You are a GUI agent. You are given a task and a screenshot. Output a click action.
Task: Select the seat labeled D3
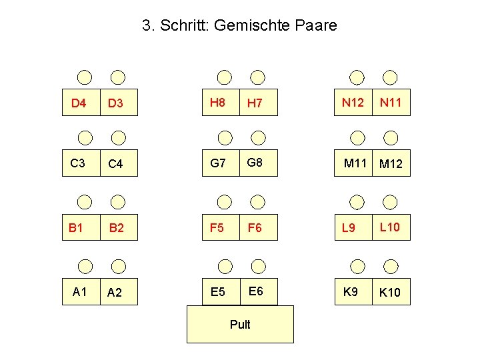[118, 103]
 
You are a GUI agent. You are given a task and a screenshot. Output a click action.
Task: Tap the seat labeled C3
[78, 163]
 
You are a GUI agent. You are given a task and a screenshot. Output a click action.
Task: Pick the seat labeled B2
[117, 228]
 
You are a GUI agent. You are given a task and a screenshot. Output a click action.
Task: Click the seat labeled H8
[217, 102]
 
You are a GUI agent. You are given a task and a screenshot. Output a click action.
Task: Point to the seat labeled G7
[217, 163]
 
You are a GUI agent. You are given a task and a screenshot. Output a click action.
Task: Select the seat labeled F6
[255, 228]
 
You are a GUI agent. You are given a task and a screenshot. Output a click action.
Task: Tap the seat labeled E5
[217, 291]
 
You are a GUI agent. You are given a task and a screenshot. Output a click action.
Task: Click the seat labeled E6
[255, 291]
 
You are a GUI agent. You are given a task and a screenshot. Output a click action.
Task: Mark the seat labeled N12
[353, 102]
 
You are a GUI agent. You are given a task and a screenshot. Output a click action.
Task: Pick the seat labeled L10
[390, 227]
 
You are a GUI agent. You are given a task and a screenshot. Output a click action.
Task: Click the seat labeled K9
[351, 291]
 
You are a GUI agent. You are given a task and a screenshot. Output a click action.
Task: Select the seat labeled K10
[390, 292]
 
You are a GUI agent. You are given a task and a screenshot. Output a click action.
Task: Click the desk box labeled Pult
[240, 325]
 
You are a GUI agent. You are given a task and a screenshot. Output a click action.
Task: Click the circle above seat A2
[118, 265]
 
